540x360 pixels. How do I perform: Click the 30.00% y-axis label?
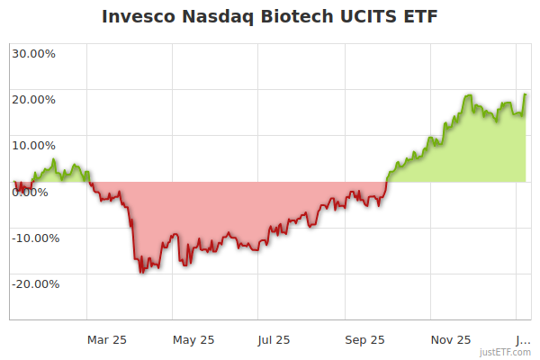pyautogui.click(x=33, y=53)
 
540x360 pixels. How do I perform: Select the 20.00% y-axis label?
pyautogui.click(x=33, y=99)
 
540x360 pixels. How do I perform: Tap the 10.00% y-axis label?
pyautogui.click(x=33, y=145)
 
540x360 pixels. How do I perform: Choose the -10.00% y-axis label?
pyautogui.click(x=35, y=238)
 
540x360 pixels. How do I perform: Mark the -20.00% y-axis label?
pyautogui.click(x=35, y=283)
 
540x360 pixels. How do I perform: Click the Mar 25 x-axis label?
pyautogui.click(x=107, y=339)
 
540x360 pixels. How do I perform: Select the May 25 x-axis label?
pyautogui.click(x=193, y=339)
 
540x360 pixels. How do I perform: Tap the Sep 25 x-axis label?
pyautogui.click(x=364, y=339)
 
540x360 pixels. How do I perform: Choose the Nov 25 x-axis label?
pyautogui.click(x=451, y=339)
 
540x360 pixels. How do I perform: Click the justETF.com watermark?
pyautogui.click(x=505, y=352)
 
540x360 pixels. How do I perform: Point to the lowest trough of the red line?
pyautogui.click(x=141, y=272)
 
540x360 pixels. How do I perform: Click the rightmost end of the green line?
pyautogui.click(x=526, y=94)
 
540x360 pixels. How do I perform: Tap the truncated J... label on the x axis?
pyautogui.click(x=521, y=339)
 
